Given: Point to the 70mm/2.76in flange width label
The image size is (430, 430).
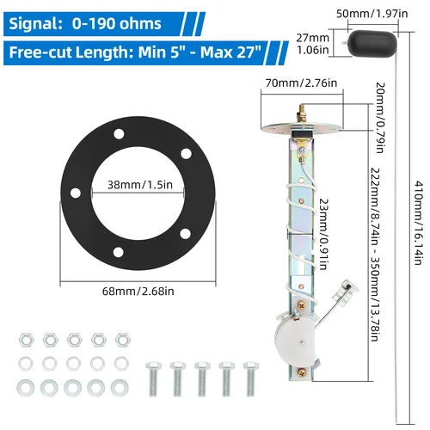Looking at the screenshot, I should tap(290, 83).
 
